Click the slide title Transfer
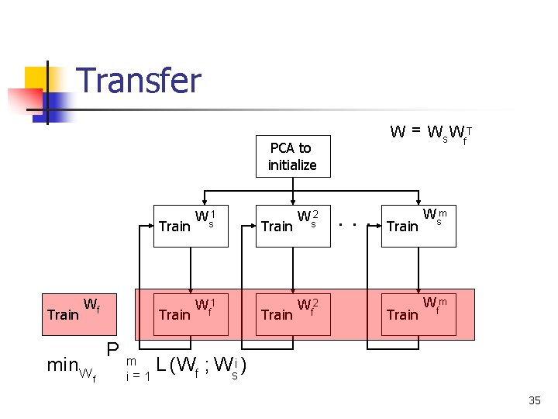(x=139, y=81)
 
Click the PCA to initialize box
(x=292, y=156)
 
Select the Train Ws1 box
(x=191, y=224)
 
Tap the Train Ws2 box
(x=293, y=224)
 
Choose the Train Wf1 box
(x=191, y=312)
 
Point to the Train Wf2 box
(x=293, y=312)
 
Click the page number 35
(x=535, y=400)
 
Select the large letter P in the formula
(x=113, y=351)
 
